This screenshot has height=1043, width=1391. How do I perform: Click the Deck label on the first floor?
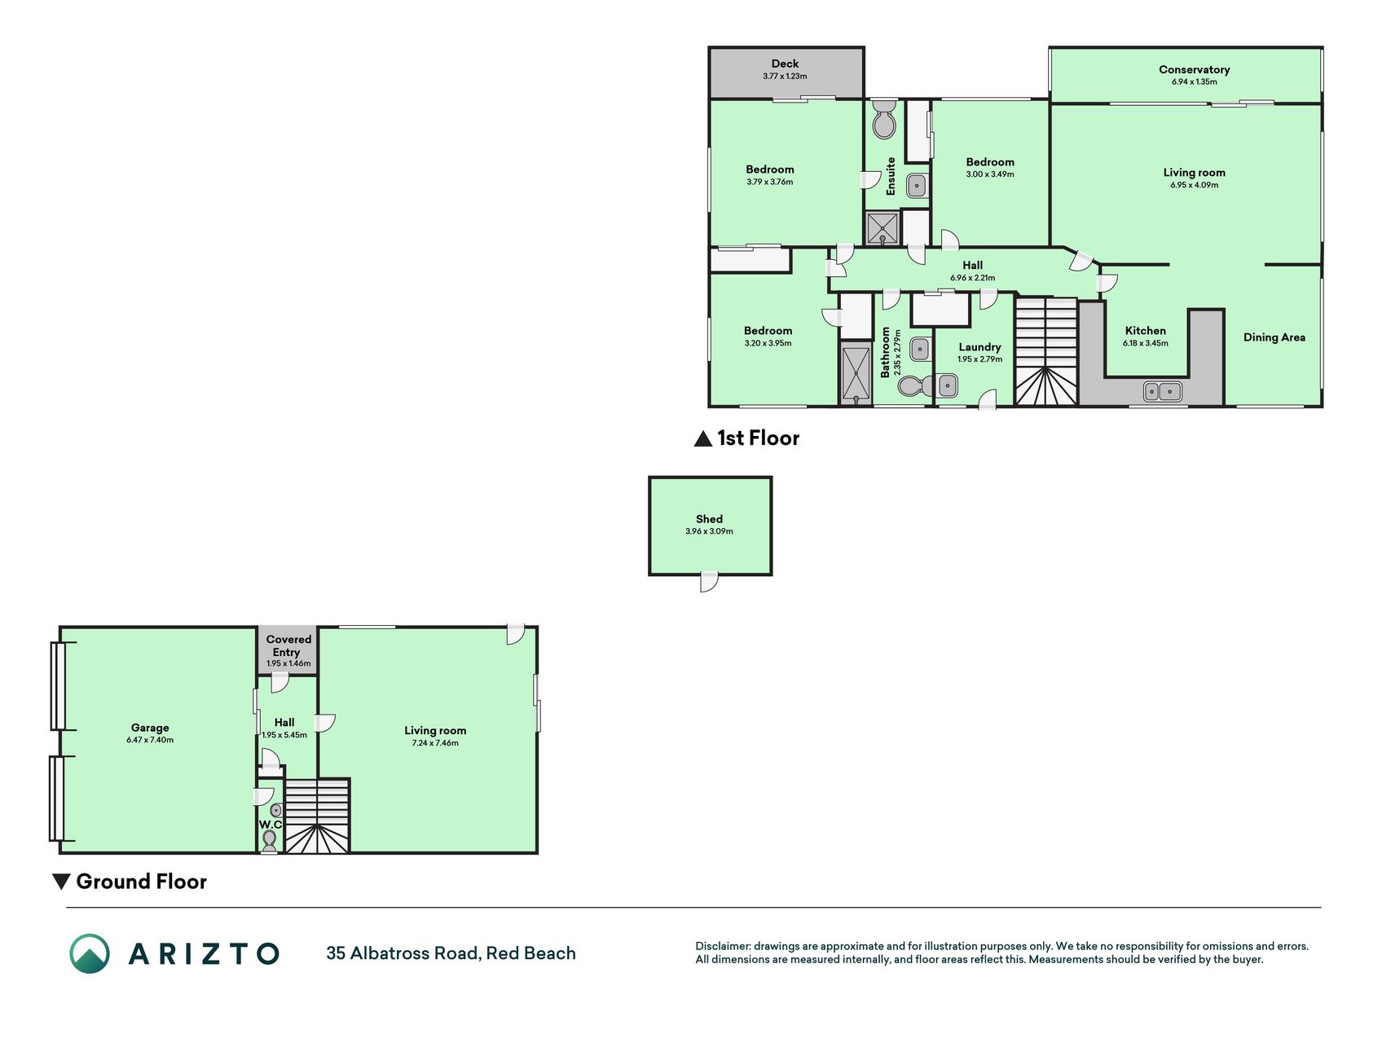pos(785,64)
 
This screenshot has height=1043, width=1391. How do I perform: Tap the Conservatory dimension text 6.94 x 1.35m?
pos(1194,81)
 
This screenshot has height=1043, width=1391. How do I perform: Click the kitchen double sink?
pos(1163,391)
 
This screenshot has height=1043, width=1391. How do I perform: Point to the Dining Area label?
pos(1274,337)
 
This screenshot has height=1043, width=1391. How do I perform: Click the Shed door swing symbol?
pos(709,582)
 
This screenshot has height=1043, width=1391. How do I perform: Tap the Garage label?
pos(150,728)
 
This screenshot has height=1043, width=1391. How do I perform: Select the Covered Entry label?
pos(288,645)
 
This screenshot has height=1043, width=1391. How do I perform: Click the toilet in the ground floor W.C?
pos(269,840)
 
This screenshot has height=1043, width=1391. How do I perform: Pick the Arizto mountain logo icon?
pos(90,953)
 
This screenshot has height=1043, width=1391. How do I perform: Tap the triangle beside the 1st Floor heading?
pos(702,439)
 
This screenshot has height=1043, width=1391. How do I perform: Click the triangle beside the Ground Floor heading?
pos(60,882)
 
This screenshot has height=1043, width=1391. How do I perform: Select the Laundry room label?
pos(979,347)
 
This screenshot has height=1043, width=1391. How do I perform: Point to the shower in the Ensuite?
pos(883,228)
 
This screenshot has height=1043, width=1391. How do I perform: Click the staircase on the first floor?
pos(1046,351)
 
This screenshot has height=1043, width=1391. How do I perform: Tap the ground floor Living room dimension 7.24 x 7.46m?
pos(435,743)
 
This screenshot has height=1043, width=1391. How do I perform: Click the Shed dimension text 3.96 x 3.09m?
pos(709,531)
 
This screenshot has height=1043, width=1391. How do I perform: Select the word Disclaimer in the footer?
pos(722,946)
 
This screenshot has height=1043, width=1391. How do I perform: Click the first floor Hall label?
pos(972,265)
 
